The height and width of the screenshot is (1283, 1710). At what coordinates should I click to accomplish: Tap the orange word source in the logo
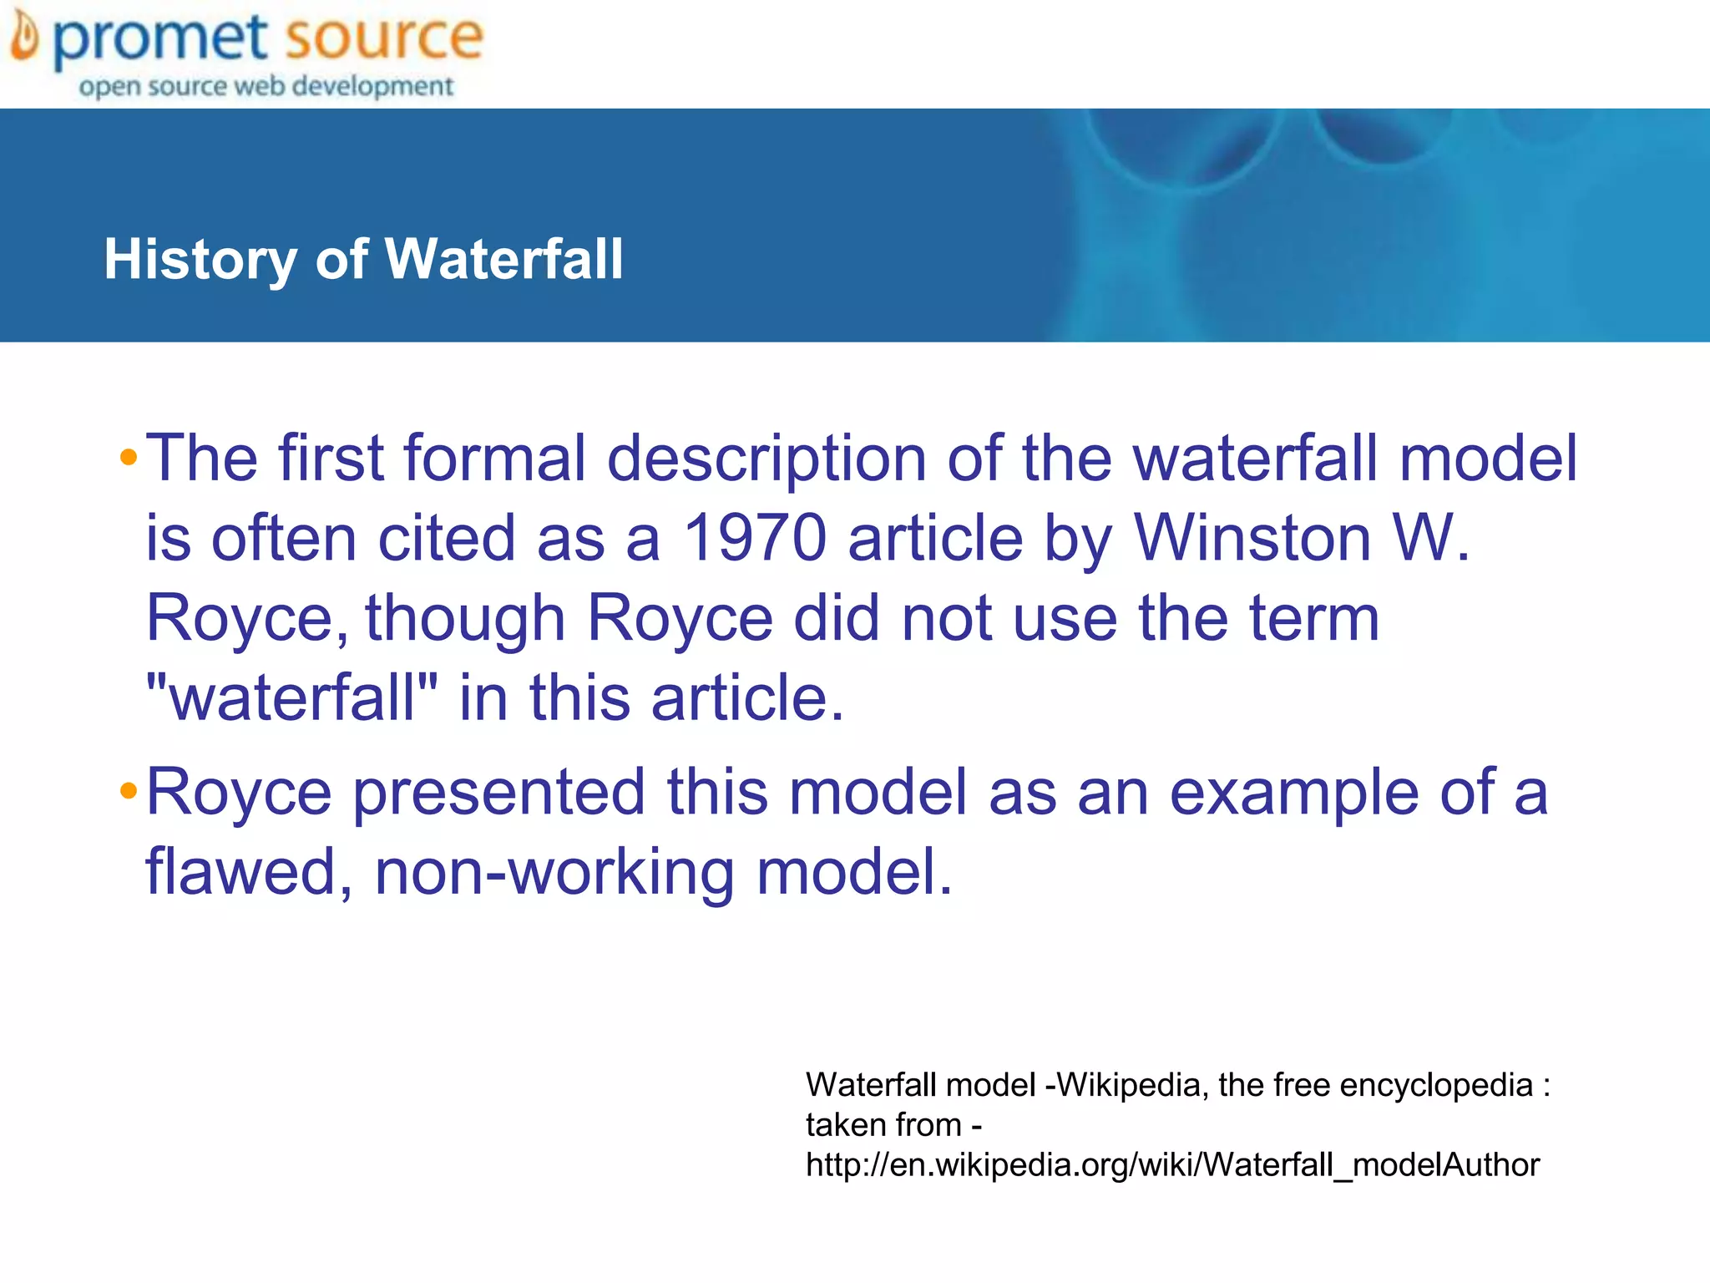coord(383,38)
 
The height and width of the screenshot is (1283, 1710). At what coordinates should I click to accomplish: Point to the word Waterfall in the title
coord(503,259)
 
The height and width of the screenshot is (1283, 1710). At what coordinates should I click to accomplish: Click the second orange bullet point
coord(128,790)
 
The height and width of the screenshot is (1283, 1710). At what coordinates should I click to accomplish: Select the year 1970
coord(754,537)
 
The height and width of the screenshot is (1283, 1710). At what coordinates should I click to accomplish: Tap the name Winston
coord(1252,537)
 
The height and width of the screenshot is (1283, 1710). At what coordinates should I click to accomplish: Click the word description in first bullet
coord(766,459)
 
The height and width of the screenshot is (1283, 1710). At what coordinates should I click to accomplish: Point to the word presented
coord(498,792)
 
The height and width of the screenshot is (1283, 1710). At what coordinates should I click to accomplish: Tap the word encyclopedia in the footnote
coord(1436,1085)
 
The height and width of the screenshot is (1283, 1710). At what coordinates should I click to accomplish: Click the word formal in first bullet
coord(495,458)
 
